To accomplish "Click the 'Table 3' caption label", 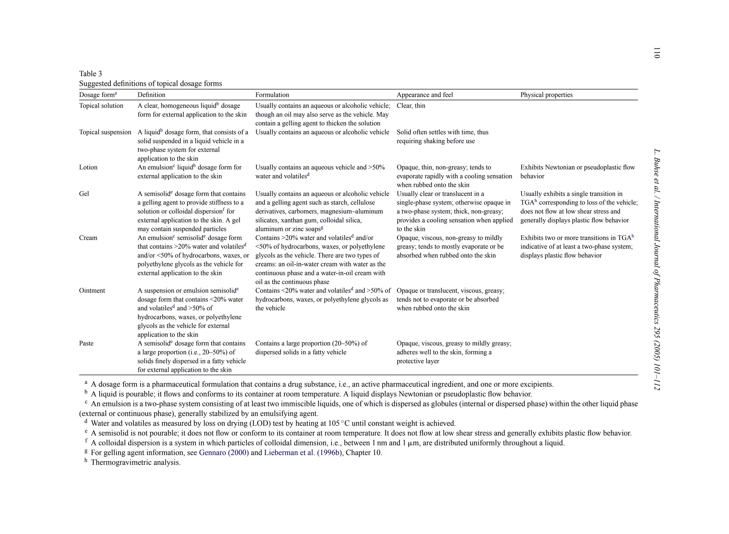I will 90,74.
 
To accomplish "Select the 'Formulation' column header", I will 272,95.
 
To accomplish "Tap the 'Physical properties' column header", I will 546,95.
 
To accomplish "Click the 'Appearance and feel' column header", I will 425,95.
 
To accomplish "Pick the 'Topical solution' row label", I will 101,106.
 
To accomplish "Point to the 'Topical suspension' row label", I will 105,132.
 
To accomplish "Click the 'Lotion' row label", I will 88,167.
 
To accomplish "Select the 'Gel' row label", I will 84,194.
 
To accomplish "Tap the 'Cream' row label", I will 88,238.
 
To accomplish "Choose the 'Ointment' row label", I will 92,291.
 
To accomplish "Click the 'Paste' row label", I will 86,343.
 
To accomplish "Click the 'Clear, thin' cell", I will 411,106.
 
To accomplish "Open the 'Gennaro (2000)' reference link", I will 224,453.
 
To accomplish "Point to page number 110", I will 657,53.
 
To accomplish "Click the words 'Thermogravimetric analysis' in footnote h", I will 135,462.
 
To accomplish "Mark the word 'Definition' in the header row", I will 151,95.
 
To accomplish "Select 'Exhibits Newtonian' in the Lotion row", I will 548,167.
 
